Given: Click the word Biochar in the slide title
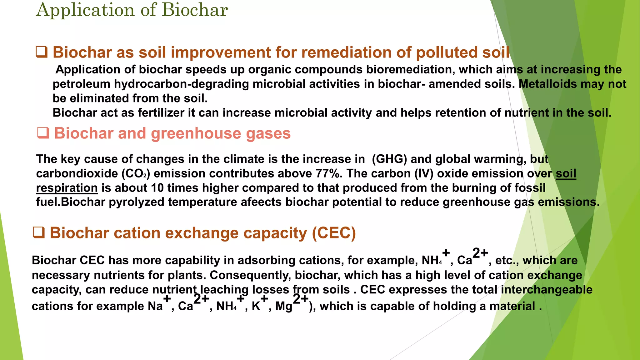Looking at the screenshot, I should (195, 10).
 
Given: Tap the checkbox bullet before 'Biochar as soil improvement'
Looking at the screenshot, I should (42, 52).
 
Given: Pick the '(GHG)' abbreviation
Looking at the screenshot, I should (389, 159).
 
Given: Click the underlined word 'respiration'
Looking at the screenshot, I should (67, 188).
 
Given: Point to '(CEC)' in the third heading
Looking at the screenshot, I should (334, 233).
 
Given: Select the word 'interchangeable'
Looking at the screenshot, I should (546, 289).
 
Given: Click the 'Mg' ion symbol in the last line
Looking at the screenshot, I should (283, 306).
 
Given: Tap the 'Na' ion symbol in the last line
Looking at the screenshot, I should (155, 306).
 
